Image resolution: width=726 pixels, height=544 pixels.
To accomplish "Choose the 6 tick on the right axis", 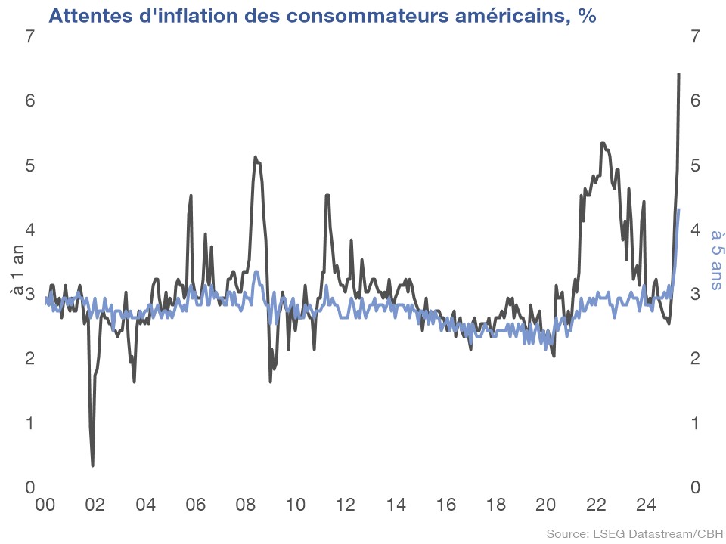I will coord(694,100).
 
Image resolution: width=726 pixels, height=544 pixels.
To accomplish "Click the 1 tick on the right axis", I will coord(694,422).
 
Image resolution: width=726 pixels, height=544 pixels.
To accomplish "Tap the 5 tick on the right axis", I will coord(694,165).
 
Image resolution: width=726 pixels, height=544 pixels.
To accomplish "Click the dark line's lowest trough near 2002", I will coord(92,465).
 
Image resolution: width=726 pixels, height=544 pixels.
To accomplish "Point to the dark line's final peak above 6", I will coord(678,74).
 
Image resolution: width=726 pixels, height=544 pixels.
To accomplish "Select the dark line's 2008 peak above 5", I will coord(255,157).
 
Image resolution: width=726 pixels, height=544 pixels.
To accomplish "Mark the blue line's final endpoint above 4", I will coord(678,209).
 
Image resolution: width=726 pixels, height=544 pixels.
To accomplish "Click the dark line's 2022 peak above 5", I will coord(602,143).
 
